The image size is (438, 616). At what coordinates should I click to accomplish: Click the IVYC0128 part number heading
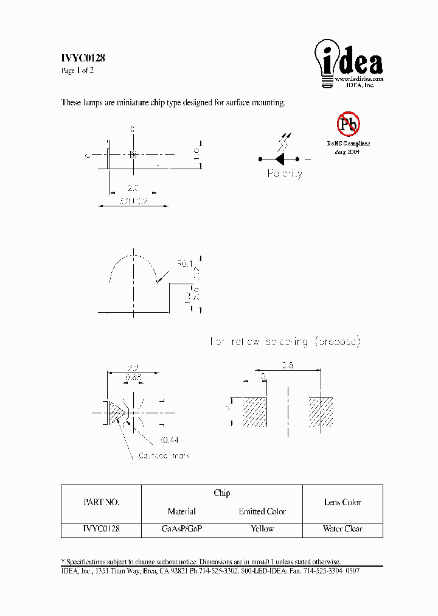[x=83, y=58]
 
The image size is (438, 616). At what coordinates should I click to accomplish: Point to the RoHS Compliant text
[x=348, y=144]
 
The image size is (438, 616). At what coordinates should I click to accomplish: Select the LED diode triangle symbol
[x=280, y=159]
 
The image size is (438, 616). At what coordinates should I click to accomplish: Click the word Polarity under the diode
[x=285, y=174]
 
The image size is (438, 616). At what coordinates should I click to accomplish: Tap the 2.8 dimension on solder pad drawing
[x=288, y=365]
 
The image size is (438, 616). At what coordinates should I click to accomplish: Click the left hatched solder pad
[x=254, y=412]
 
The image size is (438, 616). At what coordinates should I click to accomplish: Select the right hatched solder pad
[x=321, y=412]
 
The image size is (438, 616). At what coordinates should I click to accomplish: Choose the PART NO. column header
[x=101, y=503]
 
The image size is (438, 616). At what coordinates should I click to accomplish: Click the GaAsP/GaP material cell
[x=182, y=529]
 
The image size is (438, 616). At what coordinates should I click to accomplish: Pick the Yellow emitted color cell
[x=262, y=529]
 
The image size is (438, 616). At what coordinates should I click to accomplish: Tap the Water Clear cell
[x=342, y=529]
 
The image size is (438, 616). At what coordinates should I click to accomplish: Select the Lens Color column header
[x=342, y=503]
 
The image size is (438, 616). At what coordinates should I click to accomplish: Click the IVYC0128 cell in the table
[x=101, y=529]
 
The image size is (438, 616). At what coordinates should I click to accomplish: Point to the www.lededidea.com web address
[x=359, y=79]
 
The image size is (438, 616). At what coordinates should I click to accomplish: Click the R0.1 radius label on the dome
[x=184, y=264]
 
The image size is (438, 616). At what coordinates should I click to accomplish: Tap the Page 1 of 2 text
[x=77, y=71]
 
